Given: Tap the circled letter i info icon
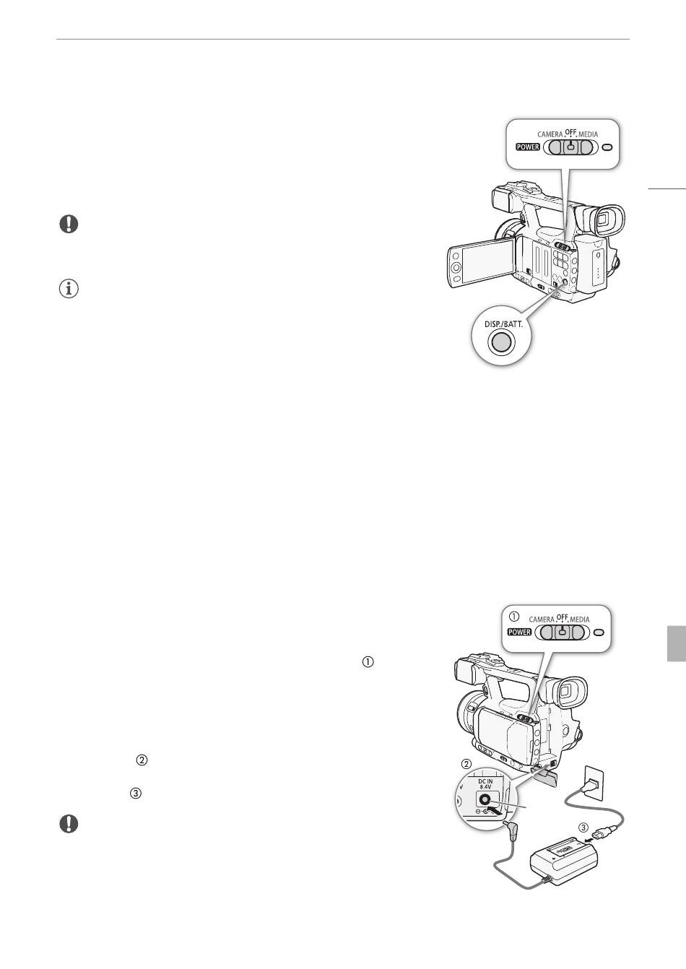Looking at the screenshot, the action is (x=69, y=289).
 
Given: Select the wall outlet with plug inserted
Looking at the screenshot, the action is (x=594, y=782).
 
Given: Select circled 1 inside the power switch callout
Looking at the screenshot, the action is (x=514, y=616).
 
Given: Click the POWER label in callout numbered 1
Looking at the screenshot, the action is (x=519, y=632).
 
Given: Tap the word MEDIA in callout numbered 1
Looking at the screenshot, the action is (x=580, y=620).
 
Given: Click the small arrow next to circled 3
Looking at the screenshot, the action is (x=589, y=838).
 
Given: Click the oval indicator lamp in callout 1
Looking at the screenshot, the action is (x=599, y=633).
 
